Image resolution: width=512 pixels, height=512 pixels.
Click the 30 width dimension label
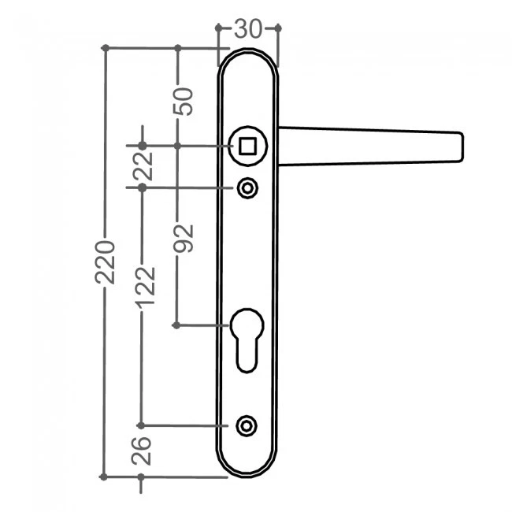(248, 28)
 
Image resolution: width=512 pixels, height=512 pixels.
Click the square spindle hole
(247, 146)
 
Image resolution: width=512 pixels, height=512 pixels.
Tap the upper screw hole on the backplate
(247, 188)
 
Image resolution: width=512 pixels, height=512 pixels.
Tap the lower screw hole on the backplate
(247, 425)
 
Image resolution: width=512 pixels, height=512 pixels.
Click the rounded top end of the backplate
(247, 57)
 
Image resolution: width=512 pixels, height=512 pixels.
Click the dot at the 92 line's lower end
(176, 325)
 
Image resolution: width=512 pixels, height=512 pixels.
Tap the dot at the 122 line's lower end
(141, 425)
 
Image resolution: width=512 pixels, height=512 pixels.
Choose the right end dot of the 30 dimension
(278, 28)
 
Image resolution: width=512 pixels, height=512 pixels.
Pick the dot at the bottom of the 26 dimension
(141, 477)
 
